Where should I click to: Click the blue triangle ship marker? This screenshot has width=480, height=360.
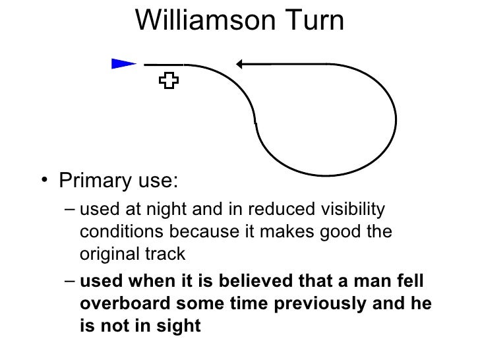point(123,63)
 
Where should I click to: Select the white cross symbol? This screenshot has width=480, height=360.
point(169,81)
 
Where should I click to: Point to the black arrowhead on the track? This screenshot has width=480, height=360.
point(241,64)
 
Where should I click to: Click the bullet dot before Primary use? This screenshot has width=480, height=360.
point(43,181)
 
